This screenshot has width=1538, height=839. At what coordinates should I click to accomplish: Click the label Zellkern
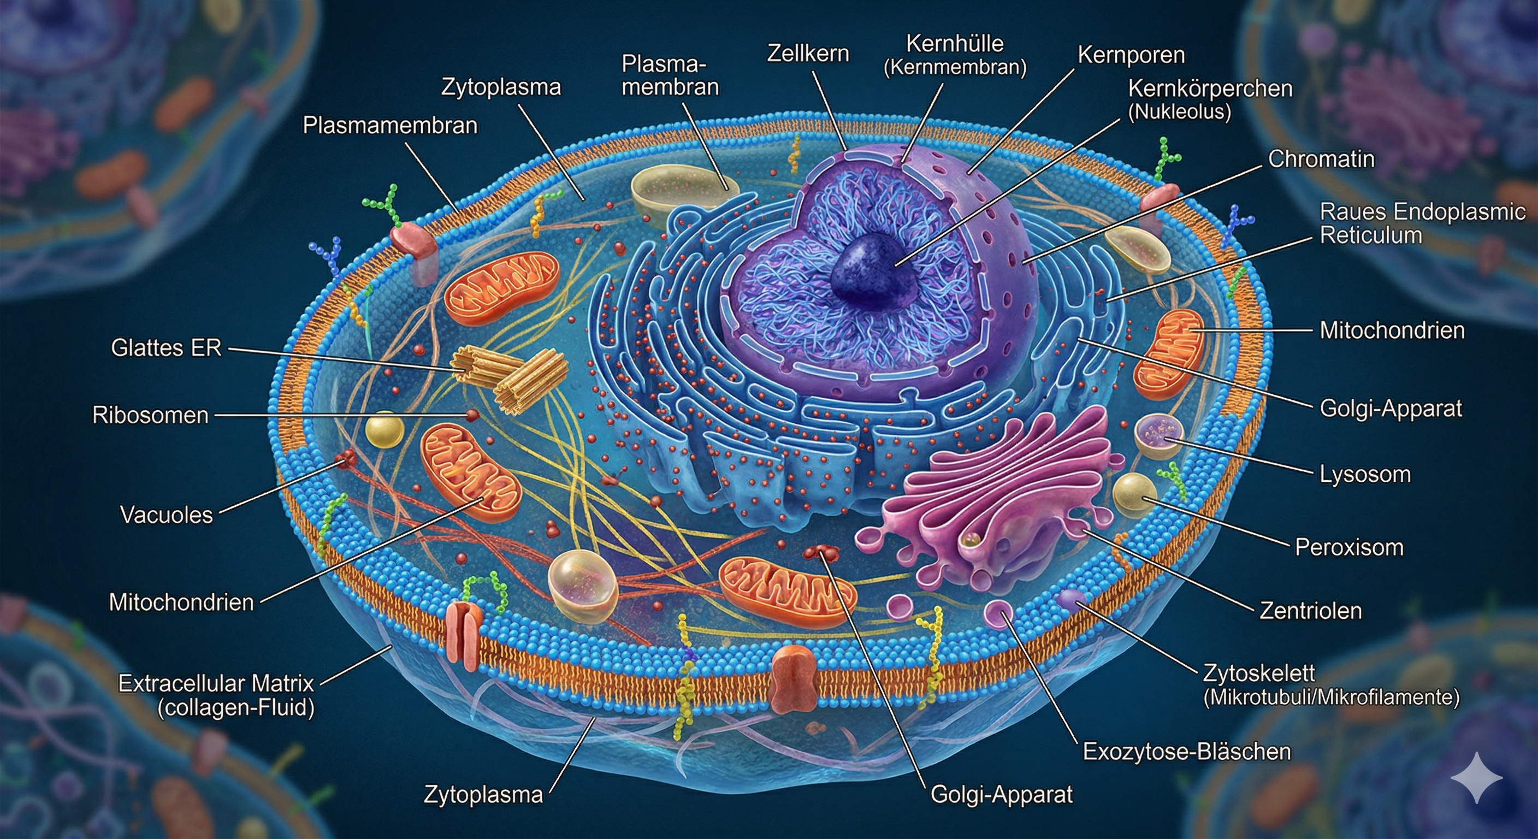(x=808, y=54)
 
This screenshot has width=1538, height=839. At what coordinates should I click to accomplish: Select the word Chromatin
(x=1321, y=159)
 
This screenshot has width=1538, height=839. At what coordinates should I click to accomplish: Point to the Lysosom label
(x=1365, y=474)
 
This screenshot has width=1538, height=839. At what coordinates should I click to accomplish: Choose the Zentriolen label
(x=1311, y=610)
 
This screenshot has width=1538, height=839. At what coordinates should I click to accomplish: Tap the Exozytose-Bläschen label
(x=1187, y=751)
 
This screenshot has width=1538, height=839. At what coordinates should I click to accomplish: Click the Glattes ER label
(x=166, y=347)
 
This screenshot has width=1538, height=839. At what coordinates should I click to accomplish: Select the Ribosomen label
(x=150, y=415)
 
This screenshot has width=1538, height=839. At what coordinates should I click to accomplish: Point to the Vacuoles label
(x=167, y=515)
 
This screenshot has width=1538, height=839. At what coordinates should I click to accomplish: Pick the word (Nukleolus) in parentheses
(x=1180, y=111)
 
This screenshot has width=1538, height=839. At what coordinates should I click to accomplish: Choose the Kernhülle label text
(x=955, y=44)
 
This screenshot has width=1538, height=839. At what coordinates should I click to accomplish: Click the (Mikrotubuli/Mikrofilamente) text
(x=1332, y=698)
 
